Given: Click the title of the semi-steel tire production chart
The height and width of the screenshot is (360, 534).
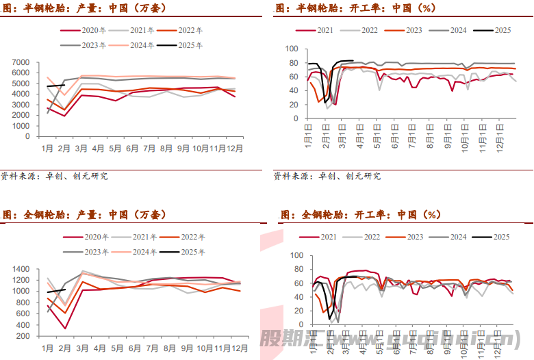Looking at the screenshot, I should tap(83, 8).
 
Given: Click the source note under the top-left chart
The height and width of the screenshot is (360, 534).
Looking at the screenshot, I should tap(54, 176).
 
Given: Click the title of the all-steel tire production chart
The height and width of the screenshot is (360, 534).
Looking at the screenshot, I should tap(83, 215).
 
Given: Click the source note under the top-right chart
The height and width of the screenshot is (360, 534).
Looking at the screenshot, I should tap(327, 176).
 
